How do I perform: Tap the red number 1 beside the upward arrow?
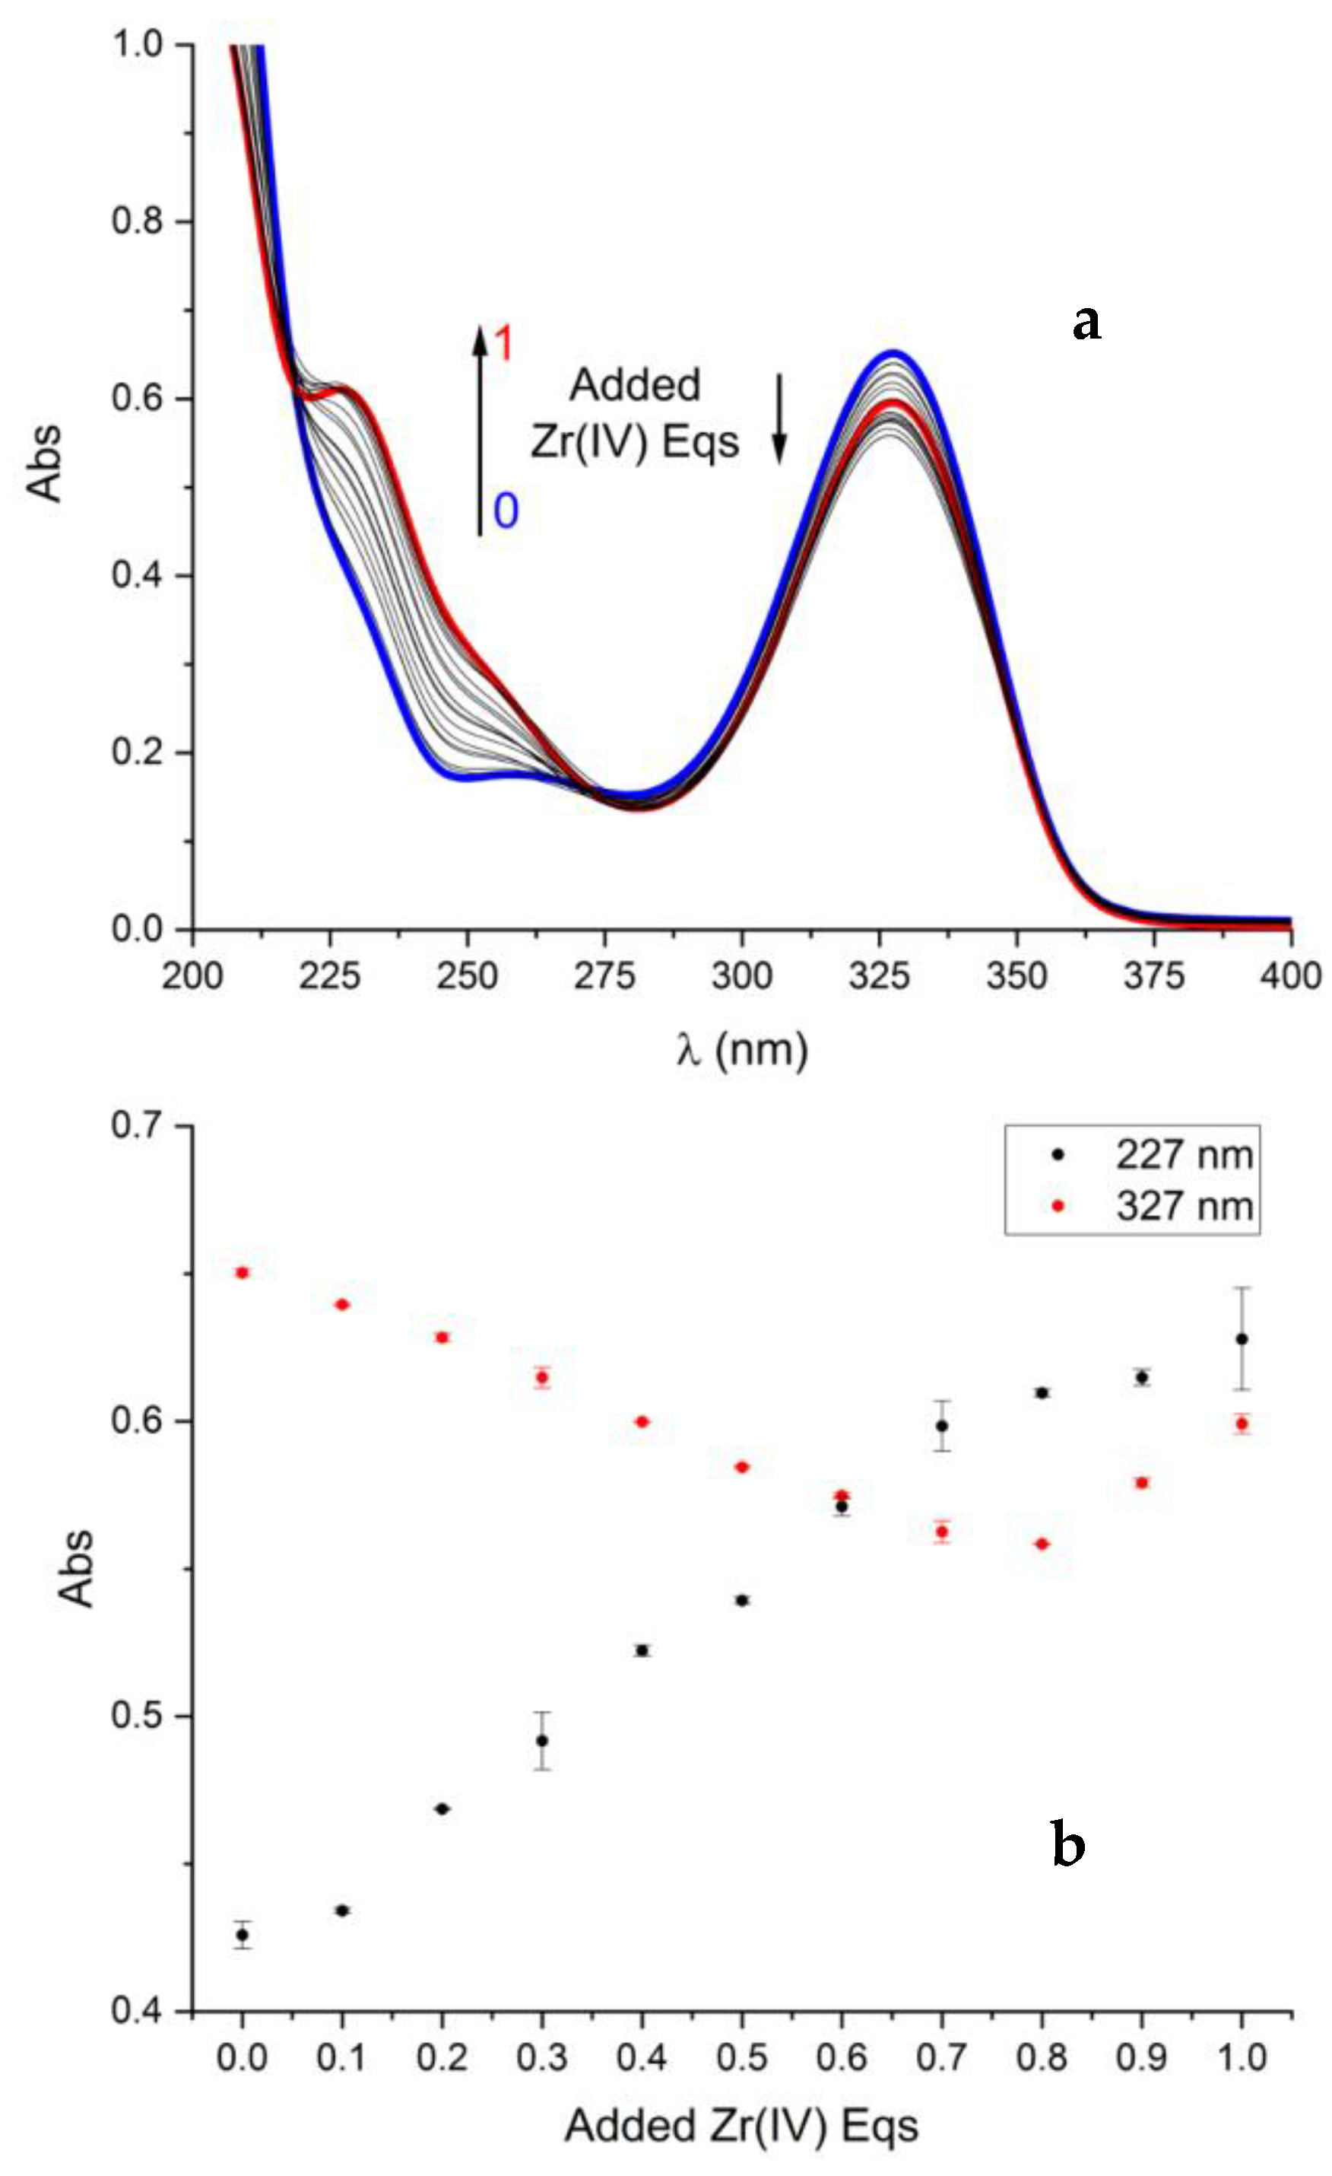coord(503,345)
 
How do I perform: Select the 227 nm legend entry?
coord(1183,1155)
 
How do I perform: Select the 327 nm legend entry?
coord(1183,1207)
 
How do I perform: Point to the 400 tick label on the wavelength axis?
coord(1289,976)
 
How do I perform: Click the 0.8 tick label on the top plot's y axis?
coord(139,221)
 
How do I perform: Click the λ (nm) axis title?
coord(741,1051)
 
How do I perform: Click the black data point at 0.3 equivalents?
coord(542,1741)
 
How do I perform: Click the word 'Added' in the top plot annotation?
coord(635,386)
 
